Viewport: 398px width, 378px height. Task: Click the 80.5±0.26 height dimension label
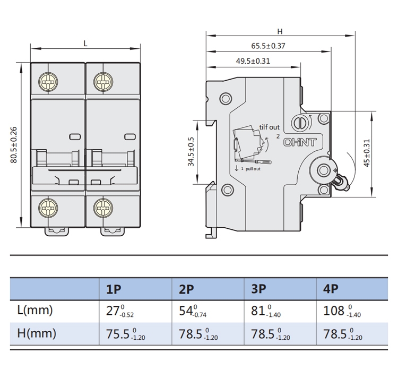coord(14,145)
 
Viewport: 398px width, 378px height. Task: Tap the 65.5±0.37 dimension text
coord(269,46)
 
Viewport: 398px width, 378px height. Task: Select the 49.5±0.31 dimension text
coord(253,61)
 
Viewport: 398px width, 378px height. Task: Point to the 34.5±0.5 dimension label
coord(191,152)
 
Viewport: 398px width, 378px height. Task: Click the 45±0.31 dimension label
coord(367,153)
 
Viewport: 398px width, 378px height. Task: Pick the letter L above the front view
coord(85,44)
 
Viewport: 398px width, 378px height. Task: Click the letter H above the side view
coord(280,31)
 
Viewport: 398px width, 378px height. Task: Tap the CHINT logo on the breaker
coord(300,142)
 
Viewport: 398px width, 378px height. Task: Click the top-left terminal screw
coord(48,82)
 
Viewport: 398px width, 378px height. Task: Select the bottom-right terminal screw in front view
coord(103,208)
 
